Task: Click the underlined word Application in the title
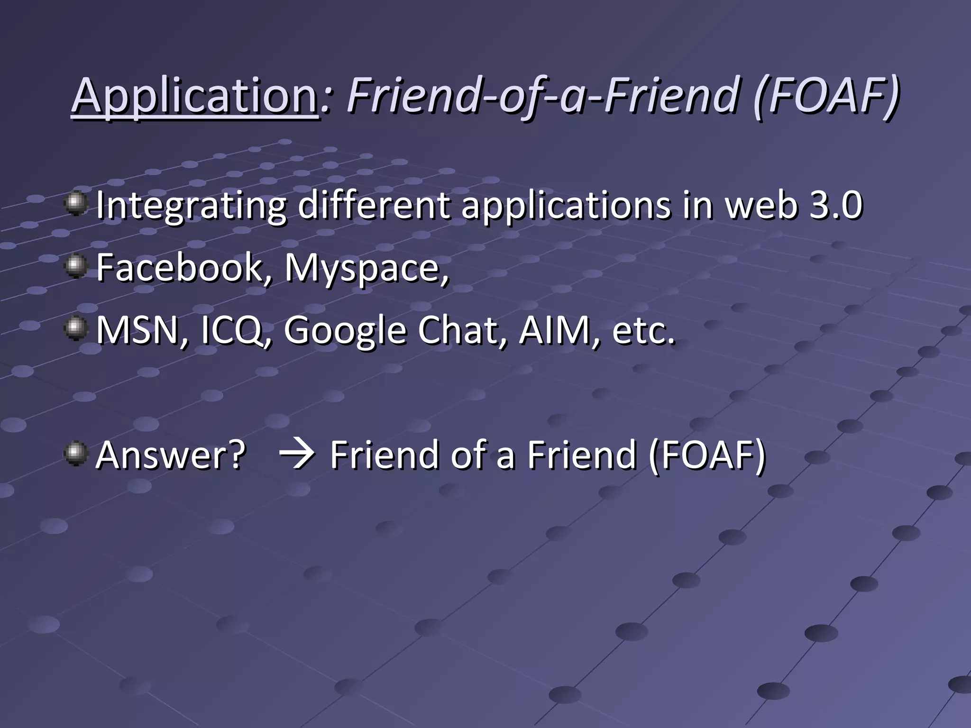tap(194, 96)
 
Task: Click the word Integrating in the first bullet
tap(191, 207)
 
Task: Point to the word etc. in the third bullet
tap(643, 330)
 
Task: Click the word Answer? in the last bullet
tap(171, 455)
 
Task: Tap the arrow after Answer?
tap(297, 455)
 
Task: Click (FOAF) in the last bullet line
tap(707, 455)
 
